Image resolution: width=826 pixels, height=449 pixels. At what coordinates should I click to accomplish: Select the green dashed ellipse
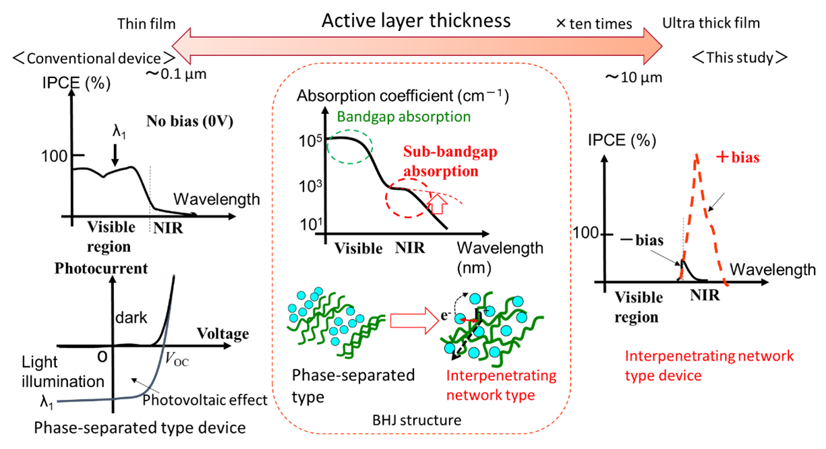[350, 146]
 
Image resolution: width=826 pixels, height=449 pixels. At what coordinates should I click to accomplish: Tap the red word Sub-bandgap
[450, 152]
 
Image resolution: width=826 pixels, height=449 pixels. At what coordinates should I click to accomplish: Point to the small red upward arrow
[438, 203]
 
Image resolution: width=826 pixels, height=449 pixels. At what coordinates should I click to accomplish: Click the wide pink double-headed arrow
[417, 46]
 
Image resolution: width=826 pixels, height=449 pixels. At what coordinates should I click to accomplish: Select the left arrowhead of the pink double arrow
[183, 46]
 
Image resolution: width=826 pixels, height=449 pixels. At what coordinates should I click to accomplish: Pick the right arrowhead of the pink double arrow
[653, 46]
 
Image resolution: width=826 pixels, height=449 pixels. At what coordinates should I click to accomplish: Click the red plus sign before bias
[722, 157]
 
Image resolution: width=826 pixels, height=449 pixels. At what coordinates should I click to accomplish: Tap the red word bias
[746, 158]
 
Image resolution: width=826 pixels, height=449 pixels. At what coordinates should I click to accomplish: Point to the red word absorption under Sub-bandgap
[440, 171]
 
